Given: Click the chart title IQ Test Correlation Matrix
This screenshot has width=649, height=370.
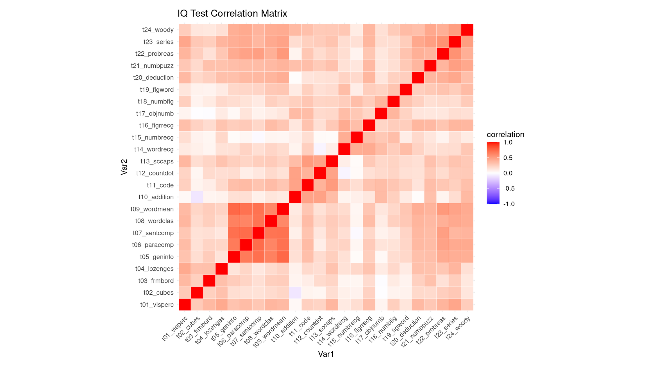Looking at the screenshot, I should (x=232, y=13).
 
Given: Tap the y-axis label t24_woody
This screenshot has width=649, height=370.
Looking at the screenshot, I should (x=158, y=30).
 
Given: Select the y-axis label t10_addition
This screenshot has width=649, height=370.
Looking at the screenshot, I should (x=156, y=197).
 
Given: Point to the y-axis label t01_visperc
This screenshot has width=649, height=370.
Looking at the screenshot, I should (x=157, y=305).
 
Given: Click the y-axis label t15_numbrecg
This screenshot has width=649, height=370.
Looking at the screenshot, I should (x=153, y=137).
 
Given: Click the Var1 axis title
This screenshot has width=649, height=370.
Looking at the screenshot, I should (x=326, y=354).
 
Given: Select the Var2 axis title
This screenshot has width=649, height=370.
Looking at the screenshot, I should (x=124, y=167).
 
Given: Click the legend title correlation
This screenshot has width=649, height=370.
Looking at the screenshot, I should (x=505, y=134).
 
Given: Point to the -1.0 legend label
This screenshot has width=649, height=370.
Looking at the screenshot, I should (x=509, y=204).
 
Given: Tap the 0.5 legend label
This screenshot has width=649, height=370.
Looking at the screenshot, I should (x=508, y=158).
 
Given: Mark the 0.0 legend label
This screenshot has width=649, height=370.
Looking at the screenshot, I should (x=508, y=173).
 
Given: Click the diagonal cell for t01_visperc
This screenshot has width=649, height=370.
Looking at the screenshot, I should (x=185, y=305).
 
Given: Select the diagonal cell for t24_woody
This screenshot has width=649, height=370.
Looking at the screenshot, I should (x=467, y=30).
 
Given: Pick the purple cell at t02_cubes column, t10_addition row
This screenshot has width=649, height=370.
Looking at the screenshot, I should (x=197, y=197).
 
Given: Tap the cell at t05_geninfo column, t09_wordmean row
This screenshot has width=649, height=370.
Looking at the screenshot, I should (x=234, y=209).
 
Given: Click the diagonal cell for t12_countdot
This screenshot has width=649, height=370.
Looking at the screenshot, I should (x=320, y=173).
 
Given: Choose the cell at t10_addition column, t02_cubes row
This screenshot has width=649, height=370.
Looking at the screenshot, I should (x=295, y=293).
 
